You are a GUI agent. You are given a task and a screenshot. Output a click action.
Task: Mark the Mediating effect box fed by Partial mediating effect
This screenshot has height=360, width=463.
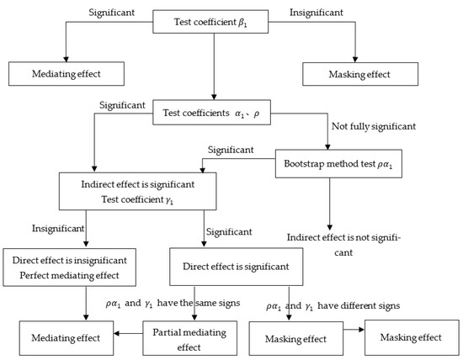click(64, 337)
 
